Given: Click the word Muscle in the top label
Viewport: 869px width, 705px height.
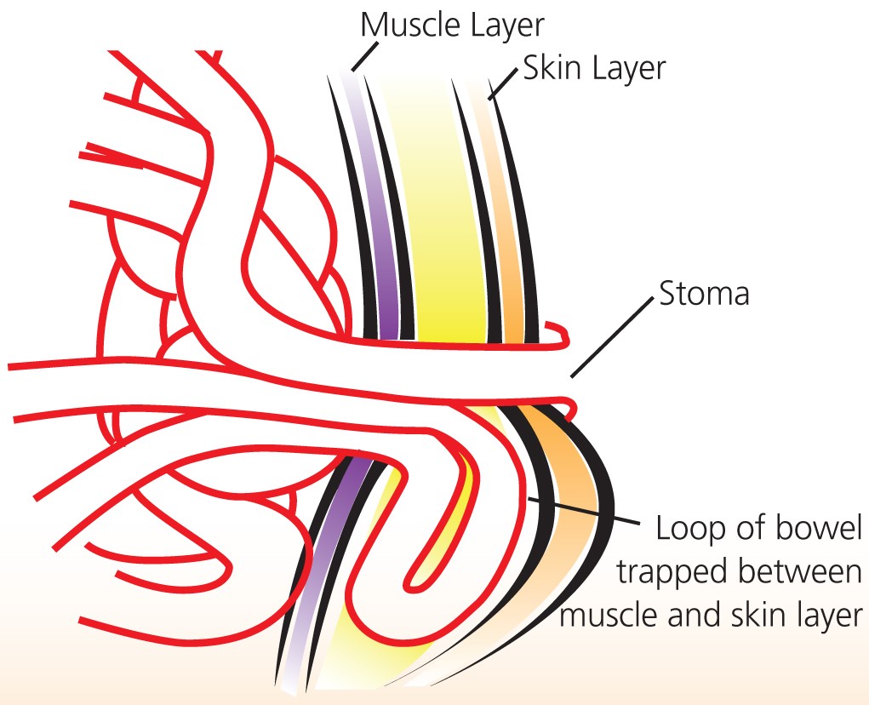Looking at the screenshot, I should [x=405, y=25].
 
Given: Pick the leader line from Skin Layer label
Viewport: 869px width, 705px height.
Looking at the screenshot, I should [x=505, y=84].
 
